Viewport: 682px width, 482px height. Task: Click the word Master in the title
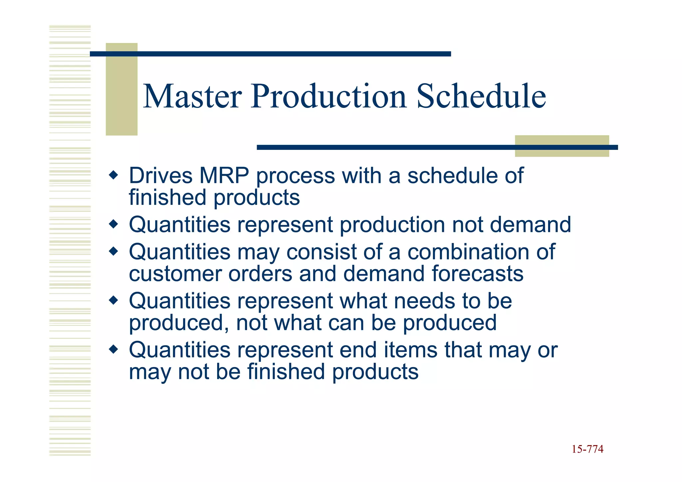tap(192, 96)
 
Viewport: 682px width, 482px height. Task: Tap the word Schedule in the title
tap(481, 96)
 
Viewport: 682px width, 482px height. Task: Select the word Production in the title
tap(329, 96)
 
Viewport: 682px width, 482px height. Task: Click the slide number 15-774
tap(587, 449)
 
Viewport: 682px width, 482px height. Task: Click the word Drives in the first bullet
tap(161, 176)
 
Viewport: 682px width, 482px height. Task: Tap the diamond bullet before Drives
tap(114, 175)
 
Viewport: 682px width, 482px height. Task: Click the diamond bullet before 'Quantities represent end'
tap(114, 349)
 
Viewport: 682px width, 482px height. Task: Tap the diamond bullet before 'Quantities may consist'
tap(114, 251)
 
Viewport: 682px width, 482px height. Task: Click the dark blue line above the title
tap(270, 54)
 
